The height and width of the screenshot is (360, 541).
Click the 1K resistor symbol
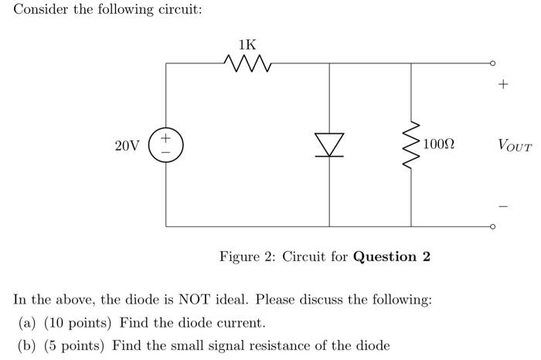click(x=247, y=63)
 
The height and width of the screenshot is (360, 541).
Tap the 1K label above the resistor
click(x=247, y=45)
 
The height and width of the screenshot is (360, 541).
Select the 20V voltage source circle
click(x=166, y=145)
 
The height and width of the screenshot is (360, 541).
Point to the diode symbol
click(x=330, y=144)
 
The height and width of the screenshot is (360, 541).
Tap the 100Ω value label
click(x=439, y=145)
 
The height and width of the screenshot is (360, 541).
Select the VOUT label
click(x=515, y=145)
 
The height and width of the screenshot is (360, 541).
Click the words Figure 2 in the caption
click(x=242, y=256)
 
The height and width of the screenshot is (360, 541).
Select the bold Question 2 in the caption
click(x=391, y=256)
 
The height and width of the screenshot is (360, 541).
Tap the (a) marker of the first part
click(x=28, y=322)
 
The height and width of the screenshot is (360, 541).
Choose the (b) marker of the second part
click(x=28, y=345)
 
